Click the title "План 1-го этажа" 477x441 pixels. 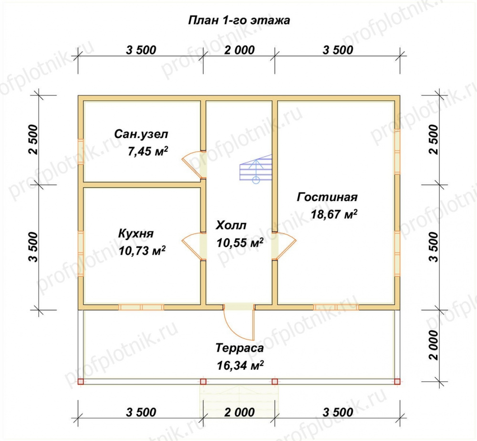[237, 21]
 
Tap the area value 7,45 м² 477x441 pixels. [147, 152]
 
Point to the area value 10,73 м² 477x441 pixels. [142, 250]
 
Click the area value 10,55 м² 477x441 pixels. [240, 243]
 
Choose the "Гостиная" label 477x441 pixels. [327, 197]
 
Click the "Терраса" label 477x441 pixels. [239, 348]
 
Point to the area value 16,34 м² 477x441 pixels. [240, 365]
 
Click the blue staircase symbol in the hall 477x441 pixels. [256, 169]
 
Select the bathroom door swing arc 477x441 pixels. [192, 164]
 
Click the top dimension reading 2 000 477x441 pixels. [239, 50]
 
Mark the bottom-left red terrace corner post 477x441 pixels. [80, 381]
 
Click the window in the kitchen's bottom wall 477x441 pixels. [141, 307]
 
